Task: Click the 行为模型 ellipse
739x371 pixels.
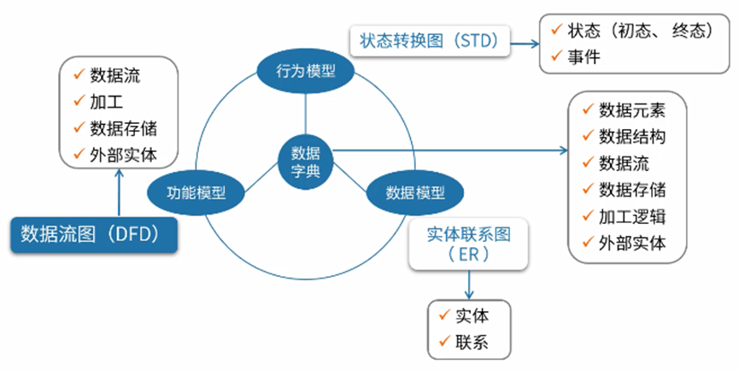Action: point(305,73)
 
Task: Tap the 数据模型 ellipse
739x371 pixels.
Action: point(413,191)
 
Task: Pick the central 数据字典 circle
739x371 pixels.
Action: point(305,161)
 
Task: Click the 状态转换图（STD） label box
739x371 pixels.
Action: point(430,40)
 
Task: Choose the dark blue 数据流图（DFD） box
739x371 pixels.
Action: point(93,233)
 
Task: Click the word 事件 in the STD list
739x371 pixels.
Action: point(584,57)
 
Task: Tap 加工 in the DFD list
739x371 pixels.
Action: point(106,102)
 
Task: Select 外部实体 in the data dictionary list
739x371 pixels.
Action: point(631,241)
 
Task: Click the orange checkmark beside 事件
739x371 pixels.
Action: point(556,56)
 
